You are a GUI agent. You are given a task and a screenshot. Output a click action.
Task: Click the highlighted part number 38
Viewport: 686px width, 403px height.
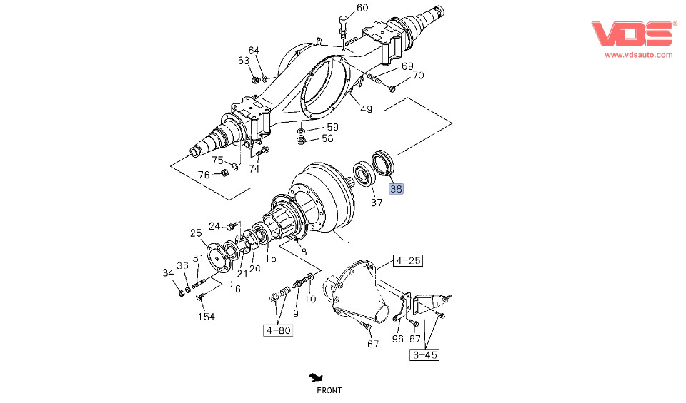(x=396, y=189)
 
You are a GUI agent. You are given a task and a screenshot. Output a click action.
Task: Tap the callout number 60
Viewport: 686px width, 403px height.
(x=362, y=9)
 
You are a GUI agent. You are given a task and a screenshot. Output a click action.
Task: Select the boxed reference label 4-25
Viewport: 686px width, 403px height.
(x=409, y=261)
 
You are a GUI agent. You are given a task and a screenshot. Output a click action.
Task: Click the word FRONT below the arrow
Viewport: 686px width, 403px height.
(x=329, y=390)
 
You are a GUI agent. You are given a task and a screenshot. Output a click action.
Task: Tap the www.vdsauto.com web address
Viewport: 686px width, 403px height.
(x=639, y=54)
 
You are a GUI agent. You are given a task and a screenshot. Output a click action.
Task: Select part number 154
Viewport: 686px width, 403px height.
(x=207, y=317)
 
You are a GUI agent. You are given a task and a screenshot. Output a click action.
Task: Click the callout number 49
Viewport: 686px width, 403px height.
(x=366, y=109)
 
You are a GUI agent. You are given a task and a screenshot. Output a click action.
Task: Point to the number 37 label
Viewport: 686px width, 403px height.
(x=377, y=203)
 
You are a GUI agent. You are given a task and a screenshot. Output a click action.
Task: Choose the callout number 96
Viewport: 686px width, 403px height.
(x=397, y=339)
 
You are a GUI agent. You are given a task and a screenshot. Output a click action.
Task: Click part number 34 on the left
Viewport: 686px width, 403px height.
(x=168, y=272)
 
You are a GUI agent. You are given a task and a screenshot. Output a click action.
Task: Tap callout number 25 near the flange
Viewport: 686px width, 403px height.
(x=196, y=233)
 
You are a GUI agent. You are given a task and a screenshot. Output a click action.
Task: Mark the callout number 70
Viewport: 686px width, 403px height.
(x=418, y=76)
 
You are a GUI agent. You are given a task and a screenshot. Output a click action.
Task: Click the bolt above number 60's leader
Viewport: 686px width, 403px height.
(x=343, y=22)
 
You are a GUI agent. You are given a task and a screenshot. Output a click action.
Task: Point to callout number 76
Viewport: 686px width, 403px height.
(x=204, y=175)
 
